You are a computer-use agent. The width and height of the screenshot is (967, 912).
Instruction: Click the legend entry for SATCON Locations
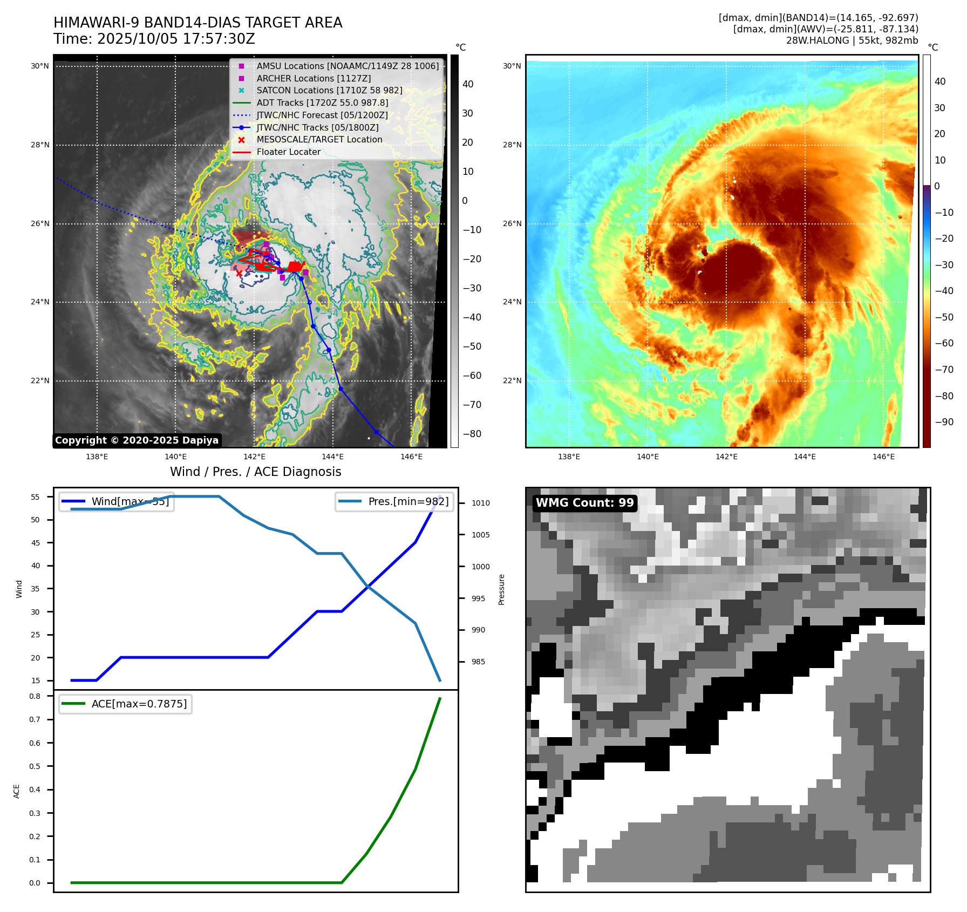pyautogui.click(x=329, y=91)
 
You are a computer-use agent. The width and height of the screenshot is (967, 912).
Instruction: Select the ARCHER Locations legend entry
pyautogui.click(x=314, y=78)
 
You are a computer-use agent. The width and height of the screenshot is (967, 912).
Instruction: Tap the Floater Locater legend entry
pyautogui.click(x=288, y=152)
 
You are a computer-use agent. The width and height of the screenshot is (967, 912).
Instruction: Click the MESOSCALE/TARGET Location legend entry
pyautogui.click(x=319, y=140)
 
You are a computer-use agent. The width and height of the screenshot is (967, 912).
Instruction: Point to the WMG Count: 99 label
pyautogui.click(x=584, y=503)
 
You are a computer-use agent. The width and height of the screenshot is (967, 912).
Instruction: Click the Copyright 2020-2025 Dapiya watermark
pyautogui.click(x=137, y=440)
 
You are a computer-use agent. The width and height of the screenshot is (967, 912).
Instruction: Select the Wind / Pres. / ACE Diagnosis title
pyautogui.click(x=255, y=472)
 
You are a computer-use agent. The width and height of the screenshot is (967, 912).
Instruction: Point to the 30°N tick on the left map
pyautogui.click(x=39, y=66)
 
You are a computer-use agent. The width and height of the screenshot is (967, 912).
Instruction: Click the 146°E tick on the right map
pyautogui.click(x=883, y=457)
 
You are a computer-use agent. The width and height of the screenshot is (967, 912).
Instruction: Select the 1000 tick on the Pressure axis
pyautogui.click(x=480, y=567)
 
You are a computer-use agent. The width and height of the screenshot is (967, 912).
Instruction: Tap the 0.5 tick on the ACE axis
pyautogui.click(x=35, y=766)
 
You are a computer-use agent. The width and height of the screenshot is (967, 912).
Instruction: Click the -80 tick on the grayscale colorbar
pyautogui.click(x=472, y=434)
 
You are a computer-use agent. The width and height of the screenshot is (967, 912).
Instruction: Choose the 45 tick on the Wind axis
pyautogui.click(x=36, y=543)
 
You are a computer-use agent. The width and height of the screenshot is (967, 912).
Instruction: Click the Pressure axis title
pyautogui.click(x=502, y=589)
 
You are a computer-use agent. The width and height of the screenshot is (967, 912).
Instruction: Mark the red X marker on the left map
pyautogui.click(x=239, y=274)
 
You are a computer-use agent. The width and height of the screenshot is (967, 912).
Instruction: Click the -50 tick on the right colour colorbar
pyautogui.click(x=944, y=317)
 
